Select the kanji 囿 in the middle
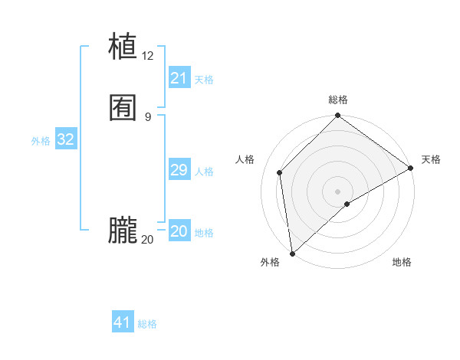pos(123,108)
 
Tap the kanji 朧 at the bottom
pos(123,231)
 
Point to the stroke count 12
pos(148,55)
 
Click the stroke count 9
pos(148,116)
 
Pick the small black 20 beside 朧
pos(148,240)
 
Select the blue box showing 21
pos(179,78)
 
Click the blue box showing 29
pos(179,170)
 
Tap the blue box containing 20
pos(179,231)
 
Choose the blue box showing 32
pos(65,139)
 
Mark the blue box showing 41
pos(123,322)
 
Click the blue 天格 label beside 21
pos(204,80)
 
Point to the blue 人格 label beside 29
pos(204,172)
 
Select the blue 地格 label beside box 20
pos(204,233)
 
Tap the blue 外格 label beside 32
pos(41,141)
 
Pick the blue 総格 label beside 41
pos(147,324)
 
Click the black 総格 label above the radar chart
pos(338,100)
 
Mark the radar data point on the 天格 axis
pos(411,169)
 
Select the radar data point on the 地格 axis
pos(347,204)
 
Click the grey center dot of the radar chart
pos(338,191)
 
